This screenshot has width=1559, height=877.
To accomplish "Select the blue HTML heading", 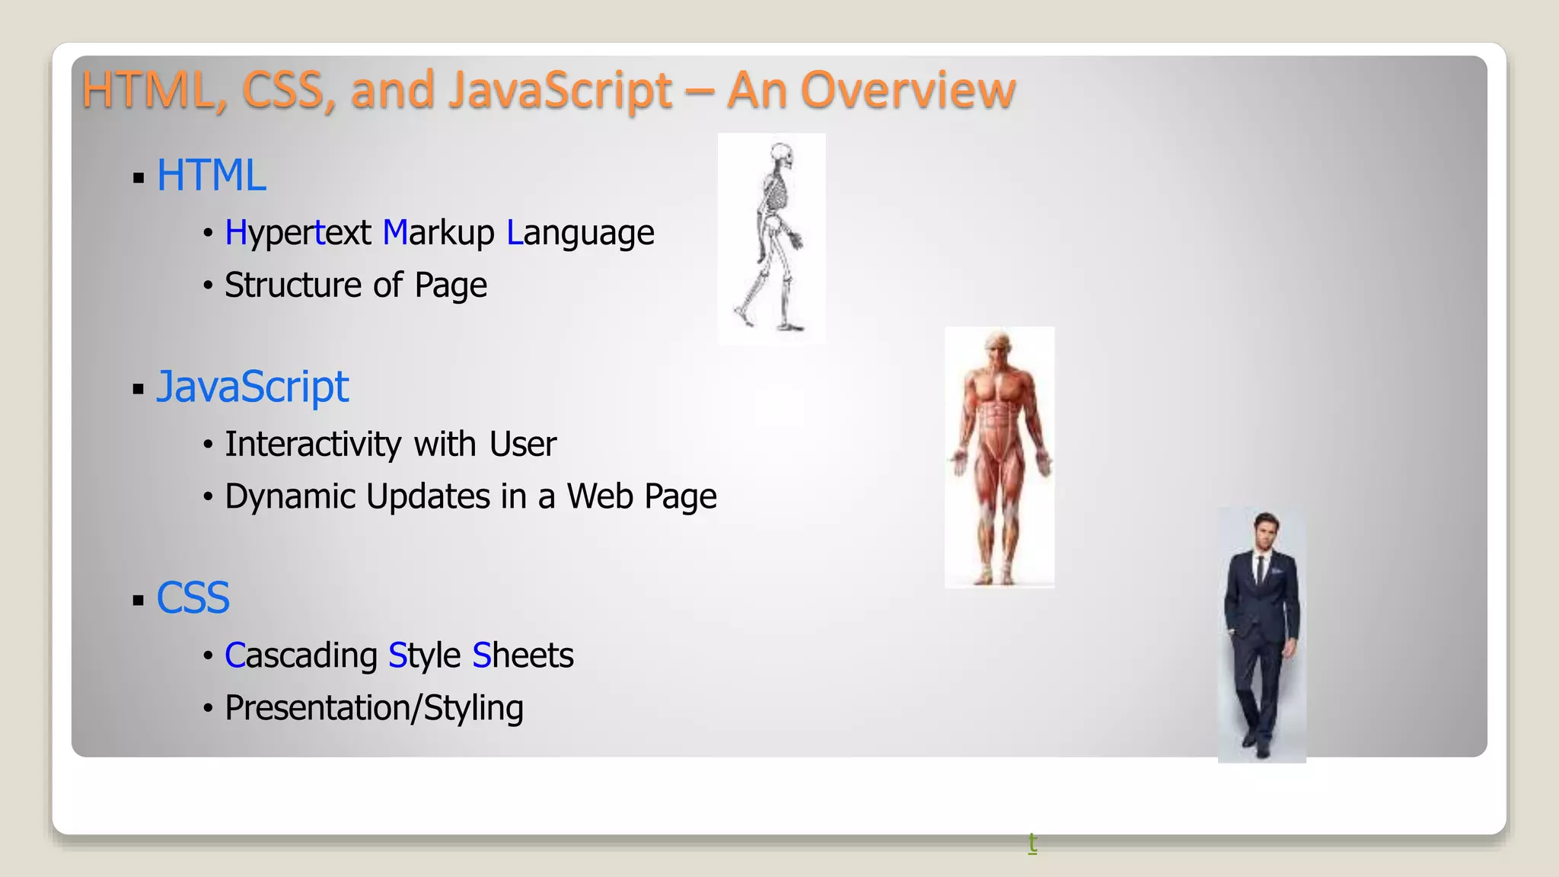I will pos(211,176).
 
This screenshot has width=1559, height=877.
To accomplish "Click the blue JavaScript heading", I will pos(252,387).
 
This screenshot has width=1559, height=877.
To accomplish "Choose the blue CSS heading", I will pos(193,598).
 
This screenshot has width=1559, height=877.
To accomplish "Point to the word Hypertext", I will pos(298,233).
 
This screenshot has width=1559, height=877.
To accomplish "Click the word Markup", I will pos(438,233).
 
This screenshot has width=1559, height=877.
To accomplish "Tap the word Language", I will pos(580,233).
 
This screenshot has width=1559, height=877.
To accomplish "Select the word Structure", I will pos(292,285).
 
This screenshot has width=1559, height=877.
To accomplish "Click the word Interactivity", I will pos(313,444).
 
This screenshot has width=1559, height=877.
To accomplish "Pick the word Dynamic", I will pos(292,496).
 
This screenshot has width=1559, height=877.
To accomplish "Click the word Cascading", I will pos(301,655).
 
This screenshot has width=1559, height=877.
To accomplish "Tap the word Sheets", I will pos(523,655).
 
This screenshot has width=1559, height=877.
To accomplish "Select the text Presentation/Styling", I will pos(374,708).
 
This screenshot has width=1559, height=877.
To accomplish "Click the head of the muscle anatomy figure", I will pos(999,344).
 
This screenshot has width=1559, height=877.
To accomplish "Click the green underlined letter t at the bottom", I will pos(1032,842).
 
